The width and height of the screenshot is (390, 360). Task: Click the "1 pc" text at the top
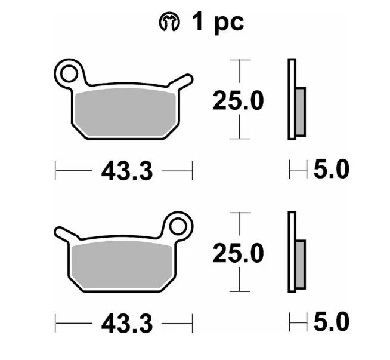217,23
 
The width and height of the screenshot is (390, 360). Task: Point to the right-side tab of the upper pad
182,82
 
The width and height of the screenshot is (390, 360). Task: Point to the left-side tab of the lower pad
65,233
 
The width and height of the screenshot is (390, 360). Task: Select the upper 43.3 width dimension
127,171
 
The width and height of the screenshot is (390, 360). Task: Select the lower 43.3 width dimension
127,324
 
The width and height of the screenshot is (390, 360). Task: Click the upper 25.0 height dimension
239,100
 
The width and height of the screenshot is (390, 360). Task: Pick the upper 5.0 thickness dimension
330,170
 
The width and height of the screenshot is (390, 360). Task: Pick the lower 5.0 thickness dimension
330,323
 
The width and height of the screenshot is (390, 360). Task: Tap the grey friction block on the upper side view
300,111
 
